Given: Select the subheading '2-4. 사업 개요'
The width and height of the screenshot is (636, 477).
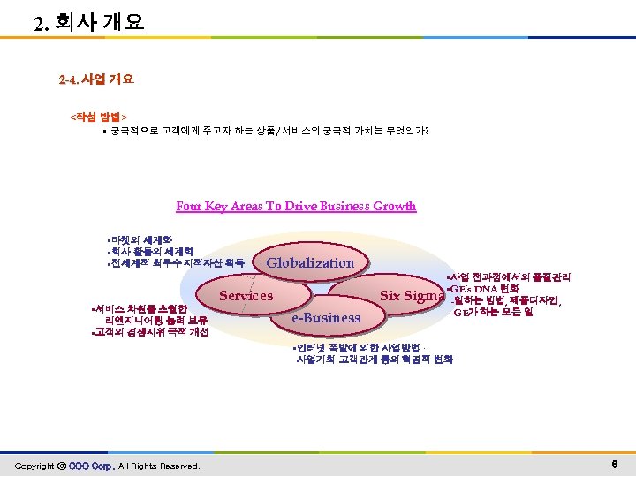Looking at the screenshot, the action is coord(96,79).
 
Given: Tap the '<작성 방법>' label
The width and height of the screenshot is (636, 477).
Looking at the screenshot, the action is coord(99,116).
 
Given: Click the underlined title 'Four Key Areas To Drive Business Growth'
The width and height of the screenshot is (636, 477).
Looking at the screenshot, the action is coord(296,207).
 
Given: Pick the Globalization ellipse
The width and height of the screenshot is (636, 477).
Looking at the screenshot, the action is coord(310,262).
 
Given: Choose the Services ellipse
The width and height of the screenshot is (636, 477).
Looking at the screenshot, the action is coord(246,296).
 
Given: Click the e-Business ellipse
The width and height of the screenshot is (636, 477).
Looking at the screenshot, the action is coord(326,318).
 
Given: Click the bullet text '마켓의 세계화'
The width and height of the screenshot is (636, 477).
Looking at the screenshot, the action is coord(140,239).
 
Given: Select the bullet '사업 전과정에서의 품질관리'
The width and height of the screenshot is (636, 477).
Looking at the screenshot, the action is coord(513,278).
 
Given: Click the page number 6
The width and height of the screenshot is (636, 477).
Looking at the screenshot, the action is coord(614,465).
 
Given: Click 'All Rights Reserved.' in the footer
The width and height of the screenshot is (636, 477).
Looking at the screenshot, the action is coord(160,466).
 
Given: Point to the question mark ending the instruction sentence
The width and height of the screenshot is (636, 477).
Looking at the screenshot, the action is coord(429,131).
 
